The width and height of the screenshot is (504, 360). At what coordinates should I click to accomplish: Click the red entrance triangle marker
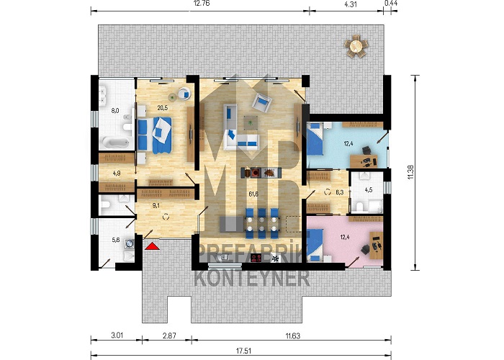click(152, 246)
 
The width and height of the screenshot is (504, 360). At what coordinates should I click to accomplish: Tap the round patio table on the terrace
click(355, 46)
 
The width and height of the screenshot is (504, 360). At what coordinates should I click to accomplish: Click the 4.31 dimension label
click(350, 4)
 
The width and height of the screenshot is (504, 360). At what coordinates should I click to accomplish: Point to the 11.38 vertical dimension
click(410, 173)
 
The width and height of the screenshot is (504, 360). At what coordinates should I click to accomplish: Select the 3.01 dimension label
click(117, 336)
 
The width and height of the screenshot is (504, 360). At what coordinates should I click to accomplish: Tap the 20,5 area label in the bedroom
click(162, 108)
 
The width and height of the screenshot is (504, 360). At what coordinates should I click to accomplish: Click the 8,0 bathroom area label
click(115, 111)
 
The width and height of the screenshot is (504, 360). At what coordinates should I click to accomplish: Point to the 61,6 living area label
click(253, 194)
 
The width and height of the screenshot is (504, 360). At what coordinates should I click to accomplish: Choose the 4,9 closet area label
click(117, 174)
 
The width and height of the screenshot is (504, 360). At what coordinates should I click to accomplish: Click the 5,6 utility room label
click(116, 240)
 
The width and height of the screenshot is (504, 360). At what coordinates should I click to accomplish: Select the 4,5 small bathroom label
click(369, 190)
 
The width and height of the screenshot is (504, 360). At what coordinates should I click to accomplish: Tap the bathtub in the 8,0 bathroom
click(115, 142)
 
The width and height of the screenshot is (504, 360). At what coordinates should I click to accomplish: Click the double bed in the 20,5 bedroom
click(155, 135)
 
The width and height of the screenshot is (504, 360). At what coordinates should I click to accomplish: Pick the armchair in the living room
click(261, 102)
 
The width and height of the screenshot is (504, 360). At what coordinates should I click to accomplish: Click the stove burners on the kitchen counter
click(257, 258)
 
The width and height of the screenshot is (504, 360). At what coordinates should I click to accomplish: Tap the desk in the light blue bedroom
click(364, 161)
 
